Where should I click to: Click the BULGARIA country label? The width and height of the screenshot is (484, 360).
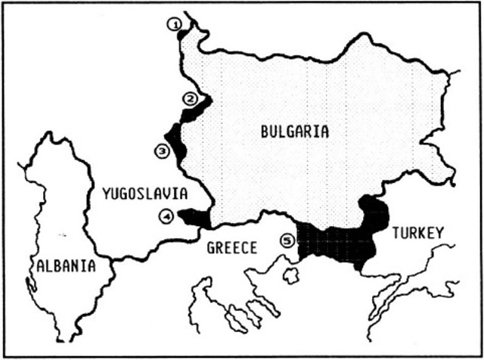[294, 131]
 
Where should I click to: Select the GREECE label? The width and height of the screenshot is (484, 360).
[233, 247]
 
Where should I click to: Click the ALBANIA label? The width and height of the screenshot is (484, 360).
[65, 265]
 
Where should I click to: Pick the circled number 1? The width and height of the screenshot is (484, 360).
[175, 25]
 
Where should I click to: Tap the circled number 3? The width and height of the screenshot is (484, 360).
[162, 151]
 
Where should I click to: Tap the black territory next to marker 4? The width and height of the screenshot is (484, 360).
[194, 218]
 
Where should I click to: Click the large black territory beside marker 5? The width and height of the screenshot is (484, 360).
[340, 240]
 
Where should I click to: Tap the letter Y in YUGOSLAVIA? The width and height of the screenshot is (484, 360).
[105, 195]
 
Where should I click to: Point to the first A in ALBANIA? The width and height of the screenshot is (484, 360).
[39, 265]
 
